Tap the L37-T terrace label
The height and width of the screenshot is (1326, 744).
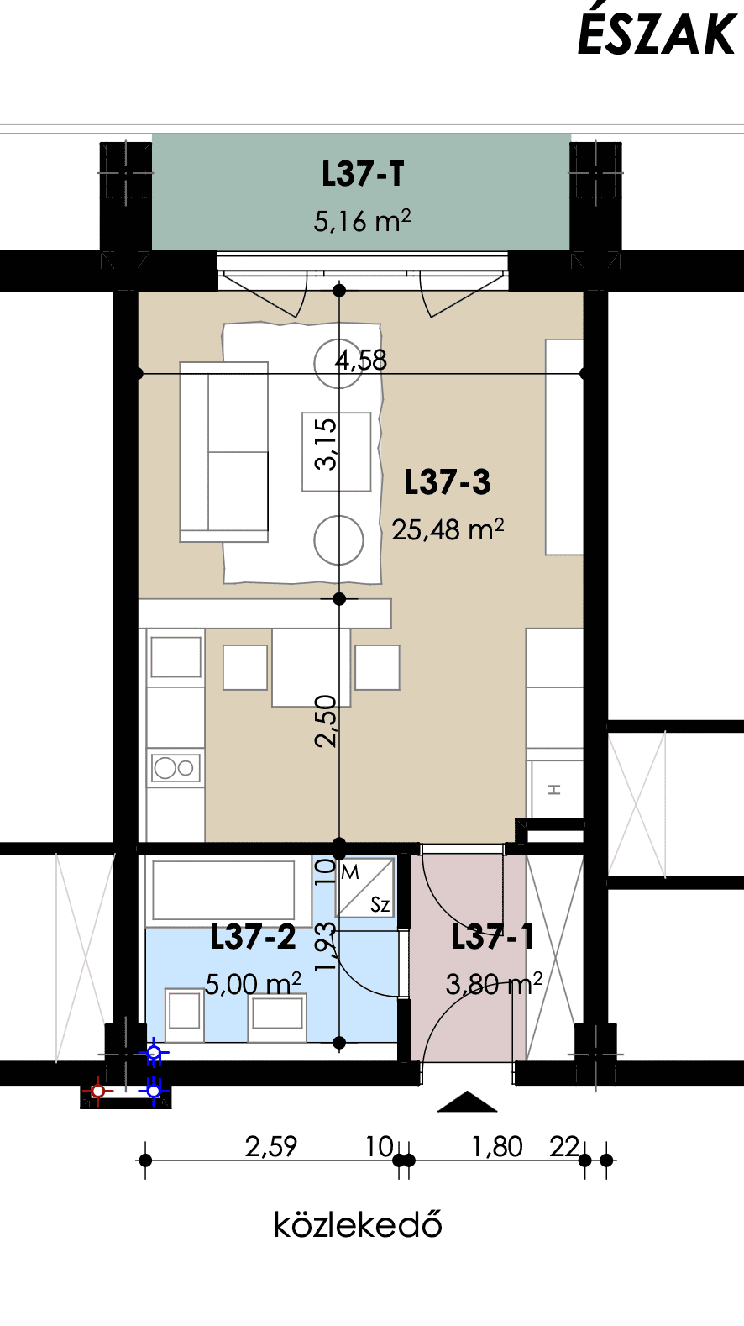point(363,174)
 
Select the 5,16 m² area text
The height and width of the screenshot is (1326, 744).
point(362,221)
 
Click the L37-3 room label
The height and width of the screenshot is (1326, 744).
point(447,481)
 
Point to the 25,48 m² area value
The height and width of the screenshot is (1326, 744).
point(448,529)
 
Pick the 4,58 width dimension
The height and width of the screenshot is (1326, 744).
point(361,360)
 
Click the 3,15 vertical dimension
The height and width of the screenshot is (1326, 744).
point(326,444)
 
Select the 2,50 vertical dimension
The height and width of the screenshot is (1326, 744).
point(326,721)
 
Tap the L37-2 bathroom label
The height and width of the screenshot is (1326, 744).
point(253,936)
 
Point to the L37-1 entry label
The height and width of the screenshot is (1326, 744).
point(492,936)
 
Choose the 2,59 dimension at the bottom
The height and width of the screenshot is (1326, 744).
point(271,1147)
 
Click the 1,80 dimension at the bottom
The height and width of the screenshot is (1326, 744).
point(497,1147)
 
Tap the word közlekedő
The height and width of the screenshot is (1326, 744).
point(358,1224)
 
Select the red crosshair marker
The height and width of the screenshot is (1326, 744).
point(98,1091)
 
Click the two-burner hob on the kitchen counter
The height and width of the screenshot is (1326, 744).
point(176,768)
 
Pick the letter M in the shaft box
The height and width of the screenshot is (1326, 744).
point(350,872)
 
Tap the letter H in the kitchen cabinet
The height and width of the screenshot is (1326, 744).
point(554,790)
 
